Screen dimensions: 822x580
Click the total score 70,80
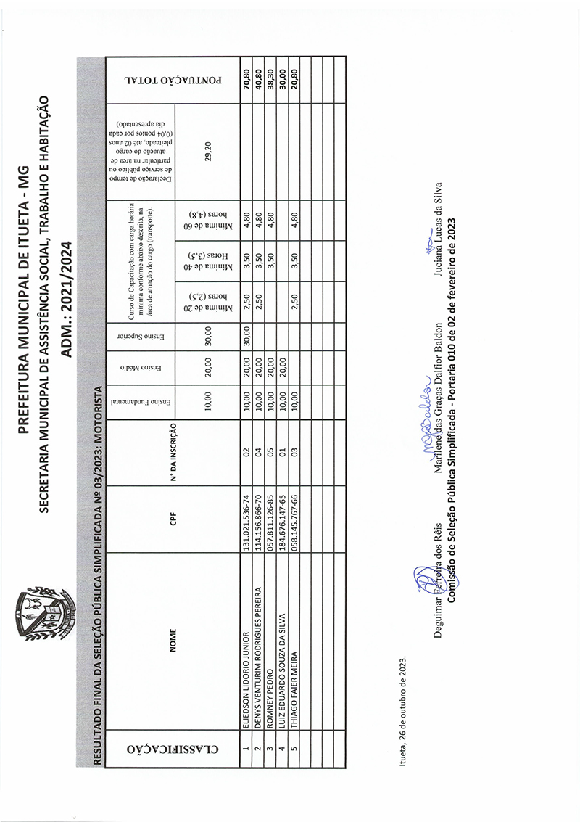pyautogui.click(x=246, y=79)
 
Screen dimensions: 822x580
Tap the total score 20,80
pyautogui.click(x=294, y=79)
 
